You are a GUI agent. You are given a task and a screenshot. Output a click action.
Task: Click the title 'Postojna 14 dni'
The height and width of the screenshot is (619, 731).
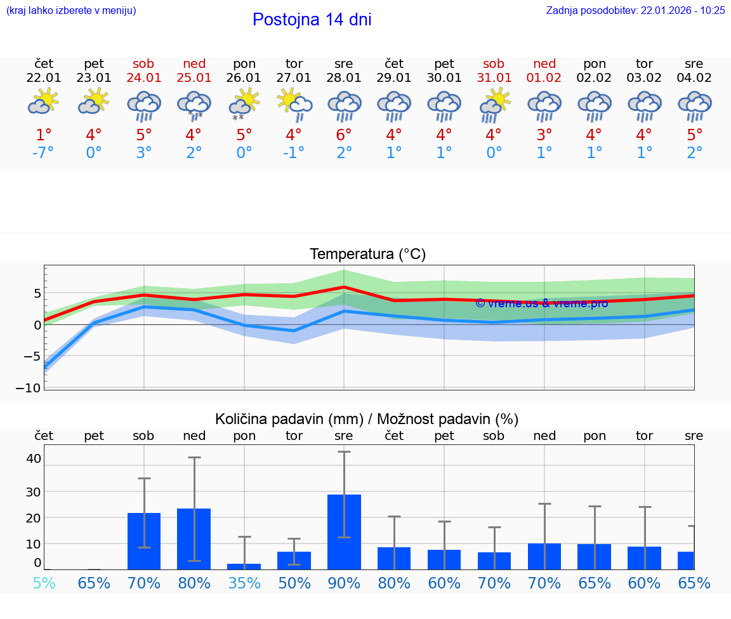tap(312, 20)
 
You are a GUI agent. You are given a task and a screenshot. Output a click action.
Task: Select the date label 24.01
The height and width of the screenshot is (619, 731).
tap(143, 77)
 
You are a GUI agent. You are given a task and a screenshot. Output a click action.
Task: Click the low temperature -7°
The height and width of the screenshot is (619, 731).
tap(43, 153)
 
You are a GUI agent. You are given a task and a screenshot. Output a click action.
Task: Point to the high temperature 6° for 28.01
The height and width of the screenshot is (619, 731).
tap(344, 135)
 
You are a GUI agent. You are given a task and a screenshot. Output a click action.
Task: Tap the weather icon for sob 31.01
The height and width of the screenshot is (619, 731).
tap(494, 104)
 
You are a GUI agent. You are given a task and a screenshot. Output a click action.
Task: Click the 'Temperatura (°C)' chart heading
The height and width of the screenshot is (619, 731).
tap(367, 255)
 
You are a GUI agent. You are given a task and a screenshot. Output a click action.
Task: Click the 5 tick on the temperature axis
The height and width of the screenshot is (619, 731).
tap(37, 293)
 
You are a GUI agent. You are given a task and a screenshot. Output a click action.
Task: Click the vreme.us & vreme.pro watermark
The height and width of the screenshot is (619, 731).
tap(541, 303)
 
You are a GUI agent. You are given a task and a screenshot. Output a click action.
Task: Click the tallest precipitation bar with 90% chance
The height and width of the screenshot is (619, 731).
tap(344, 531)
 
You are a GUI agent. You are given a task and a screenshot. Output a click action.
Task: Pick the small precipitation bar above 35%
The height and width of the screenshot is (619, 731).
tap(244, 566)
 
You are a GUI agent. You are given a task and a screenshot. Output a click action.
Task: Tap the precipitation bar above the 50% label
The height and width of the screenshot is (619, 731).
tap(294, 560)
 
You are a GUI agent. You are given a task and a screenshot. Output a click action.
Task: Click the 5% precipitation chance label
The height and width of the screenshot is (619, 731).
tap(44, 583)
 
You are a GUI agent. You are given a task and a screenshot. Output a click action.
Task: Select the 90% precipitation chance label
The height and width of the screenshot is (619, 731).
tap(344, 583)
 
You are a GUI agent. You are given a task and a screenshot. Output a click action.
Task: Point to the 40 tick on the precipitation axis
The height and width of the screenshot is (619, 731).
tap(34, 458)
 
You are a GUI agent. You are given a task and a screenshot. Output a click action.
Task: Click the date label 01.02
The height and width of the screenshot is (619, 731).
tap(544, 77)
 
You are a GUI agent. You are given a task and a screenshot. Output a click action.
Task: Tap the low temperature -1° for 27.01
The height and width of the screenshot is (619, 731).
tap(294, 153)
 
